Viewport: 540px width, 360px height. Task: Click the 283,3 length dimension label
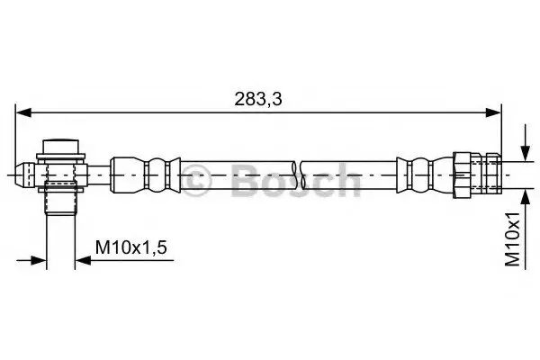(258, 99)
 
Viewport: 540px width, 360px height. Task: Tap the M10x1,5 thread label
(131, 247)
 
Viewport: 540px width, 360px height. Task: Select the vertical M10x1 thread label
(512, 239)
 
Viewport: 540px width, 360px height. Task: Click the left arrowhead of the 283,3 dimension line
(23, 112)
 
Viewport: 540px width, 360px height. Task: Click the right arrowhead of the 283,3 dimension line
(493, 112)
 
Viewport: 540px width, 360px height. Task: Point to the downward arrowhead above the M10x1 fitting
(526, 153)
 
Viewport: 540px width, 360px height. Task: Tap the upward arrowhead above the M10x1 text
(526, 196)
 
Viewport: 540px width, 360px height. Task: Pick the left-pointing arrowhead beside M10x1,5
(83, 260)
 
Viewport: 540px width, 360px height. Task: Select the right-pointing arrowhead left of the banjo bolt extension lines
(38, 260)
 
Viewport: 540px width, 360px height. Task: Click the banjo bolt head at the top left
(60, 146)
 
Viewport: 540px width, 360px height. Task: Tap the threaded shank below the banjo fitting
(60, 199)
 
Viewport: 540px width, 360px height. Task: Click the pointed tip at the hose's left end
(21, 175)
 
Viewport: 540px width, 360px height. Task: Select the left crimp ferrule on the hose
(145, 175)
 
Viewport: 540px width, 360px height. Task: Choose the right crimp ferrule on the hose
(425, 175)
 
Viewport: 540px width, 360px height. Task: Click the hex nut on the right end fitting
(463, 175)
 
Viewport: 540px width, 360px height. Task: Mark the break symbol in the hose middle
(298, 175)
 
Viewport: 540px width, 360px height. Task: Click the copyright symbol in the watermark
(196, 180)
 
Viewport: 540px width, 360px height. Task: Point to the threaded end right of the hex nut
(486, 175)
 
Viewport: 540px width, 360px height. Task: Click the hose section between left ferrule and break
(238, 175)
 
